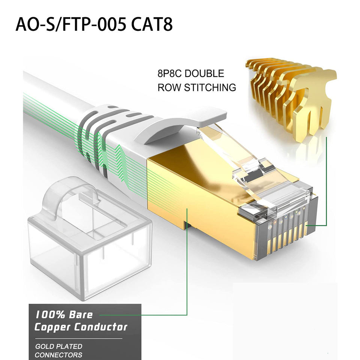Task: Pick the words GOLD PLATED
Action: (58, 346)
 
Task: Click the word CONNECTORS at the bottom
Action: (58, 355)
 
